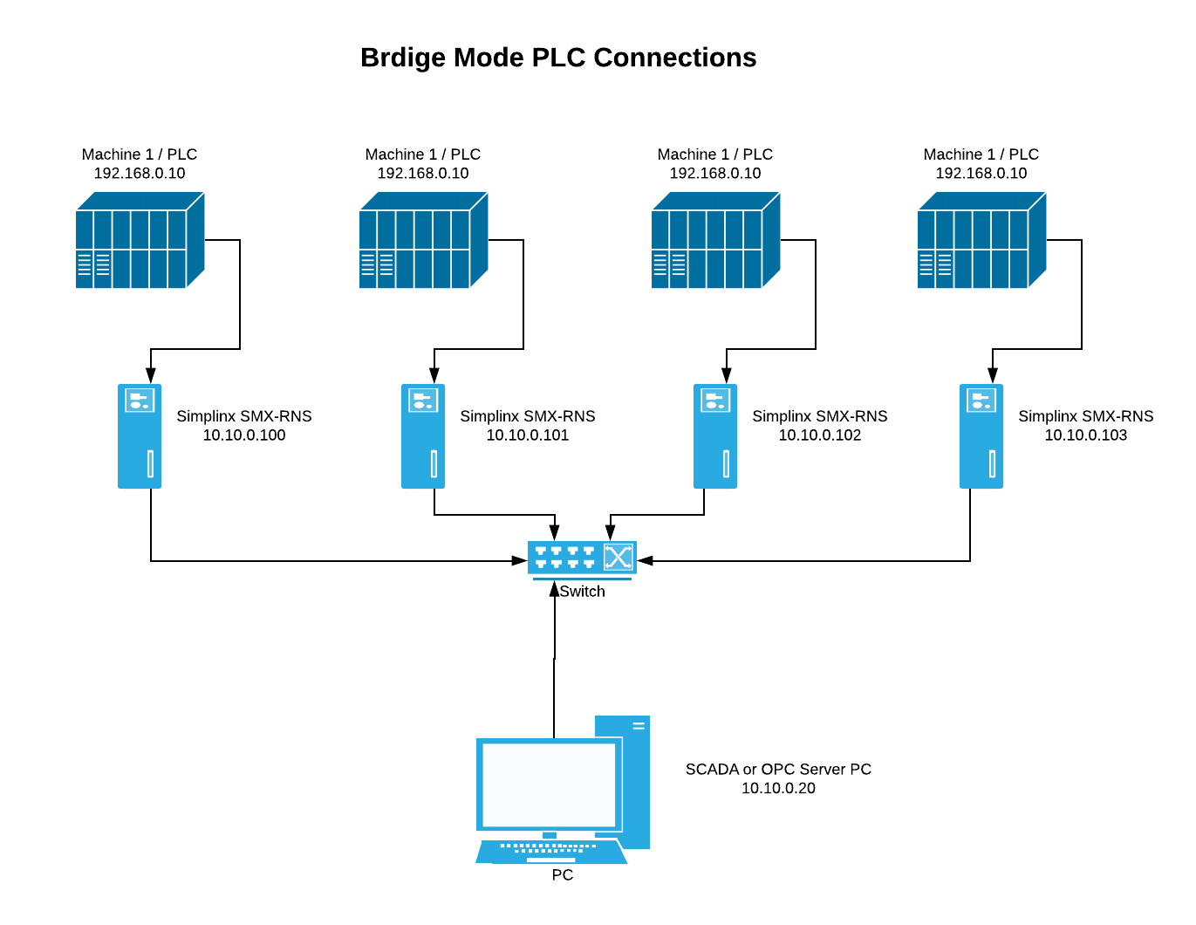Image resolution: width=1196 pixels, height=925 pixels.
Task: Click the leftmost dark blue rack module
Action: (x=140, y=241)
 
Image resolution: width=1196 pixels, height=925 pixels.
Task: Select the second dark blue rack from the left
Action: (x=423, y=241)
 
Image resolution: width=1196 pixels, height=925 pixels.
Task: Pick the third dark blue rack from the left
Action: (x=715, y=241)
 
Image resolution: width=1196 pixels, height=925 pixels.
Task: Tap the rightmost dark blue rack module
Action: (x=981, y=241)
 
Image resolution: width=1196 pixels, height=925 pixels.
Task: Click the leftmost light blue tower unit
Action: (x=140, y=436)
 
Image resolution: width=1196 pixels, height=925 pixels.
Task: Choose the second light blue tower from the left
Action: (x=423, y=436)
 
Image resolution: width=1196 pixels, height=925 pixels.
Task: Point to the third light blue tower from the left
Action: (x=715, y=436)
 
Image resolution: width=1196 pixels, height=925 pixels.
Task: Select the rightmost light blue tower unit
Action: (x=981, y=436)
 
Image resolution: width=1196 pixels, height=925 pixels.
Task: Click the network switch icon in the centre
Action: (x=582, y=558)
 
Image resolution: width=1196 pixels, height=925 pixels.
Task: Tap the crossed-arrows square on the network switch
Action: (x=618, y=557)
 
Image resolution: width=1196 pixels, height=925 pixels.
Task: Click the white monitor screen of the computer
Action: (x=549, y=785)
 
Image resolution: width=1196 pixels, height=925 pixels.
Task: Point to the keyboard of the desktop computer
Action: (x=551, y=852)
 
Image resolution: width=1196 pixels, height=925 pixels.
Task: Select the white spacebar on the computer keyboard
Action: (x=550, y=860)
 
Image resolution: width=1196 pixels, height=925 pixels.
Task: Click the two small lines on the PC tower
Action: (x=639, y=725)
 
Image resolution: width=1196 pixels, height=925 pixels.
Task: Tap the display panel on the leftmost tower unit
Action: (x=140, y=401)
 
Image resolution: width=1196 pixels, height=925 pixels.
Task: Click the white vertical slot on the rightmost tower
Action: (x=992, y=463)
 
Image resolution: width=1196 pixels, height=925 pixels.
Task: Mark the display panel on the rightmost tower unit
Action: (x=981, y=401)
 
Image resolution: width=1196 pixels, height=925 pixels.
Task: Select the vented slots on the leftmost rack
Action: (x=93, y=264)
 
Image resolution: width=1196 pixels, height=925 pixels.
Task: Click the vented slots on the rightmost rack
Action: (x=935, y=264)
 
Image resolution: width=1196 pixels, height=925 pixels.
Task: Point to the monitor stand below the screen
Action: (x=550, y=835)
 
